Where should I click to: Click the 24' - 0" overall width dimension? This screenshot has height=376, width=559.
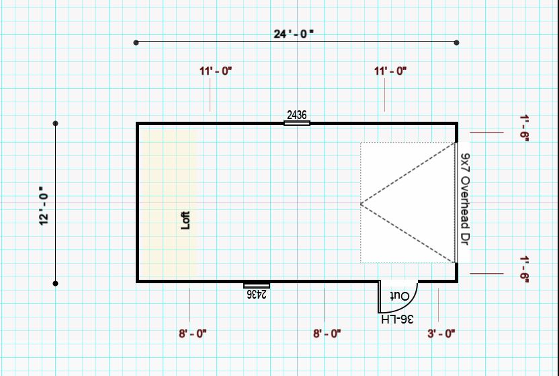click(x=294, y=34)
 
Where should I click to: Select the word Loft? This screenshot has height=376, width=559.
click(x=186, y=221)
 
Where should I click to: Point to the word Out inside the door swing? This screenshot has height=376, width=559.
click(x=400, y=296)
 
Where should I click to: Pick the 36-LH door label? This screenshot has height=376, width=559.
click(x=397, y=318)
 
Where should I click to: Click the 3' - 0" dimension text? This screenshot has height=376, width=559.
click(x=441, y=333)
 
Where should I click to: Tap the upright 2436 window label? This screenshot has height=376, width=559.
click(x=296, y=115)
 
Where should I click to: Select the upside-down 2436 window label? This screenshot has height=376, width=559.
click(x=257, y=294)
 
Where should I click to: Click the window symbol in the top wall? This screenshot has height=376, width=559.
click(x=296, y=123)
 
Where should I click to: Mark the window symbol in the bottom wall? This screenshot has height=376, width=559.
click(x=257, y=285)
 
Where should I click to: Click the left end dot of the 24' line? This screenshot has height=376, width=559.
click(x=136, y=42)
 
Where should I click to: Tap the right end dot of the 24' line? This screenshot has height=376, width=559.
click(x=457, y=42)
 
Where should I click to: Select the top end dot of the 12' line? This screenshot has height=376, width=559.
click(x=56, y=124)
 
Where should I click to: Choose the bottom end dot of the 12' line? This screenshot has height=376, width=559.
click(x=56, y=283)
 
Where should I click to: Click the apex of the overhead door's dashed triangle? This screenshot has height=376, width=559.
click(x=361, y=202)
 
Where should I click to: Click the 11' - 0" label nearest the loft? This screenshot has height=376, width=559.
click(x=215, y=71)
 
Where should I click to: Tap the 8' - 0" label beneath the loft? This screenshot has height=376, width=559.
click(x=193, y=333)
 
